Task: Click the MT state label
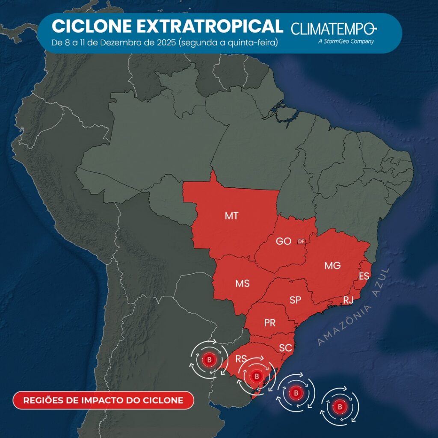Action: click(x=231, y=216)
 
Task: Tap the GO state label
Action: click(x=283, y=241)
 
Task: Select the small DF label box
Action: click(x=302, y=242)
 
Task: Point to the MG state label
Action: click(x=332, y=266)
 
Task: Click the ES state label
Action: click(x=364, y=276)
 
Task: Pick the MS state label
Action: click(x=242, y=283)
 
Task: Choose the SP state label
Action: click(x=295, y=300)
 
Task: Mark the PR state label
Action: click(x=269, y=323)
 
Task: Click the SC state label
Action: click(x=285, y=348)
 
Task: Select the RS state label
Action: click(x=242, y=358)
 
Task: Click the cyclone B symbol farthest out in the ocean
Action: click(x=340, y=406)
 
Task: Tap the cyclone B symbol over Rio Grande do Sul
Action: click(x=257, y=376)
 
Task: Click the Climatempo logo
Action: click(x=334, y=29)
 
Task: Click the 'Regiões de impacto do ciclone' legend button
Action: click(x=103, y=400)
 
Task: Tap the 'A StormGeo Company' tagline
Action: click(x=346, y=41)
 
